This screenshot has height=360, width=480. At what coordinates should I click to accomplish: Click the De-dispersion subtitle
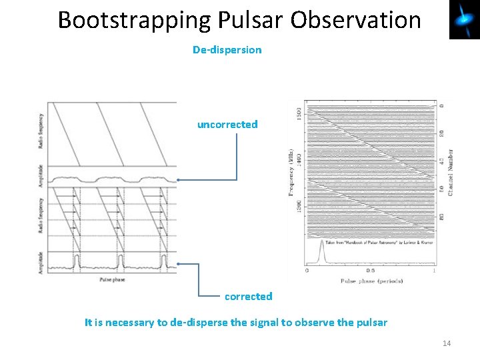227,50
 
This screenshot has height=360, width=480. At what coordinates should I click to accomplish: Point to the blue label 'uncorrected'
227,125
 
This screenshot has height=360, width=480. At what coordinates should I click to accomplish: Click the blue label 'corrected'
248,296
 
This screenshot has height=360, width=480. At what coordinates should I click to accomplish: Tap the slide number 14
446,343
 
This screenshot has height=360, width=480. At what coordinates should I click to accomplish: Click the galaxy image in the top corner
464,20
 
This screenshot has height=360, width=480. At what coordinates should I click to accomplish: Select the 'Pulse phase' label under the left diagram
111,280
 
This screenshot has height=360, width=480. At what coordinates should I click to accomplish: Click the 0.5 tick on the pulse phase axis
371,271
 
